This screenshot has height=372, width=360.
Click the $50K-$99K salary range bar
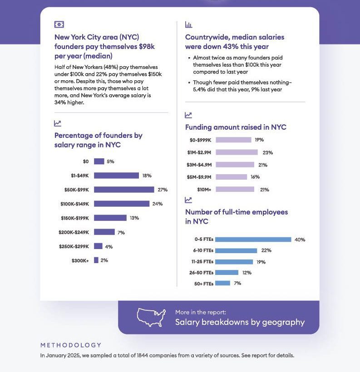click(124, 190)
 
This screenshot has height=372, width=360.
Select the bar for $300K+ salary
click(96, 260)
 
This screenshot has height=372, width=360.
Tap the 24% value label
click(158, 204)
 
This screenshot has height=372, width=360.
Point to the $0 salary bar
click(99, 162)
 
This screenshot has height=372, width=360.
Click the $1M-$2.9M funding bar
click(237, 152)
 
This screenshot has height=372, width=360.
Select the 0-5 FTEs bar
click(253, 240)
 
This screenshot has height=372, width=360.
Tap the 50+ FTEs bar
click(223, 284)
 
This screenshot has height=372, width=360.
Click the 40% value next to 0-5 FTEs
click(300, 240)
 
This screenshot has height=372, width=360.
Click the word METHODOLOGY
click(71, 345)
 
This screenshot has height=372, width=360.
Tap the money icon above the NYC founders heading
click(59, 24)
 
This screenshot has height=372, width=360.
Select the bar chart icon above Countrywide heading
click(189, 24)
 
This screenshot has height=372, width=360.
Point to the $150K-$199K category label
click(75, 218)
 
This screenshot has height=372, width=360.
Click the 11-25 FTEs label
click(201, 262)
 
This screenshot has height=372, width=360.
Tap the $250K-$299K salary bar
click(98, 246)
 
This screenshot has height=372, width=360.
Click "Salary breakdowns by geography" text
click(240, 322)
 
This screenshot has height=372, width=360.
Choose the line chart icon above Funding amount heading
click(188, 115)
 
